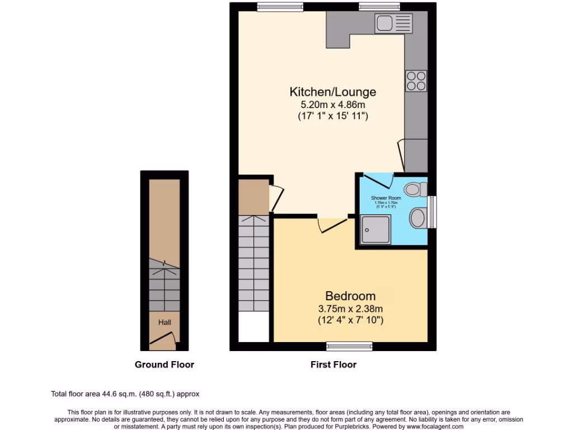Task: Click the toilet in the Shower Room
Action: [415, 189]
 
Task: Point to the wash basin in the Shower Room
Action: [418, 218]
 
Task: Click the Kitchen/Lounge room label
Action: [332, 92]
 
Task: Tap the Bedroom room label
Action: [350, 296]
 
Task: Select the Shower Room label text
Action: [386, 198]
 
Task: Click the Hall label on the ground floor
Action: [164, 322]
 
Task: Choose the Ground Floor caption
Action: [164, 364]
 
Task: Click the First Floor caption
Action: [334, 364]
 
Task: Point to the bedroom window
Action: [349, 346]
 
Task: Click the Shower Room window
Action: [431, 212]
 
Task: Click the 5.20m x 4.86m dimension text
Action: [332, 105]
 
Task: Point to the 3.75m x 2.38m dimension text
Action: [350, 309]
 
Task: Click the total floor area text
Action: [125, 394]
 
